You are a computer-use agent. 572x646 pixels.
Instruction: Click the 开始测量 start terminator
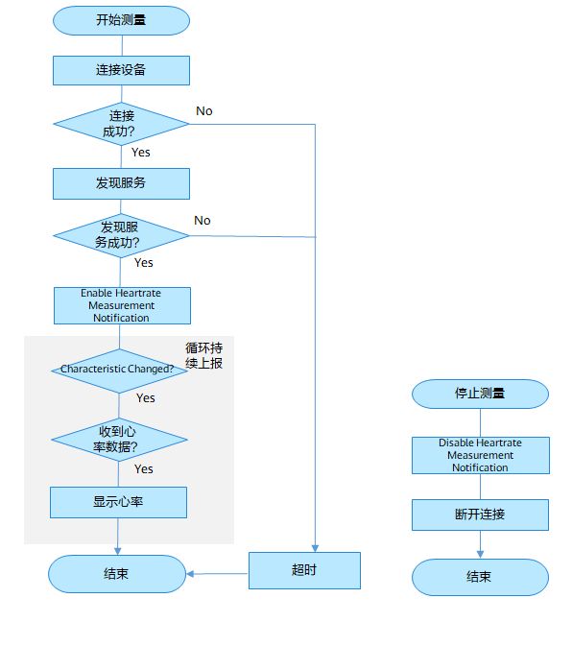point(121,20)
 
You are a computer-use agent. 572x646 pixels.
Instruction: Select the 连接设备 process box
point(121,70)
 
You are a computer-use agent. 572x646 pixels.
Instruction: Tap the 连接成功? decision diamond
point(121,124)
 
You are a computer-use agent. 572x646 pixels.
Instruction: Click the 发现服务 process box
point(121,183)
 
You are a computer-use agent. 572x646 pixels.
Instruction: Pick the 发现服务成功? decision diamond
point(121,236)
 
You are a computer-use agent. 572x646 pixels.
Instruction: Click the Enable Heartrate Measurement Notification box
point(122,305)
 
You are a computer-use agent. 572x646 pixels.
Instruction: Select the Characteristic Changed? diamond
point(119,371)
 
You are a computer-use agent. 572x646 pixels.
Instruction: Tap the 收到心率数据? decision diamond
point(119,440)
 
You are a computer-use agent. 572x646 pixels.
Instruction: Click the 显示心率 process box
point(118,502)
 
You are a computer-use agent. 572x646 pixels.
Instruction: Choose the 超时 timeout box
point(304,570)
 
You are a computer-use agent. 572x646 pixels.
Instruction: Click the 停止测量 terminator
point(480,394)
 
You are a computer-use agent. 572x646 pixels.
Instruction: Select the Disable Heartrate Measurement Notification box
point(481,455)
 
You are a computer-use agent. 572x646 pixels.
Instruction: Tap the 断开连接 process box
point(480,514)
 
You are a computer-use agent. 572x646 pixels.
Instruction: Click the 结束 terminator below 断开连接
point(480,577)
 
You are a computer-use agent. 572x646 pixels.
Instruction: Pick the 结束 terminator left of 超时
point(117,574)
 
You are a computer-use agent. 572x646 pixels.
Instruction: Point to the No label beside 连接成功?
point(204,111)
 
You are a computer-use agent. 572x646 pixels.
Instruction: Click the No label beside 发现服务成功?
point(203,221)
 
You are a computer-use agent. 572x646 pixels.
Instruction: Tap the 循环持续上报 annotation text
point(204,355)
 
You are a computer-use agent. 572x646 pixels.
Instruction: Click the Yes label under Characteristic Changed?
point(146,398)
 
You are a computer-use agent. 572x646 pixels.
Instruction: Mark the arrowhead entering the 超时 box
point(315,548)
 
